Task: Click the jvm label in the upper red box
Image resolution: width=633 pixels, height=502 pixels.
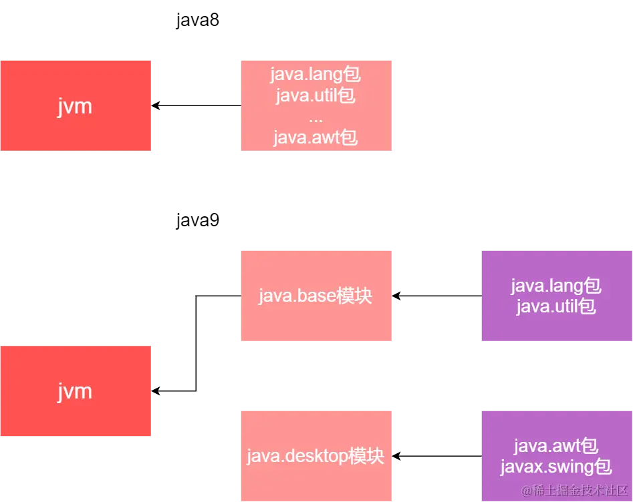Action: point(74,106)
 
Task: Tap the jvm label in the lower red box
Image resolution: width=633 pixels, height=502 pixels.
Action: point(74,391)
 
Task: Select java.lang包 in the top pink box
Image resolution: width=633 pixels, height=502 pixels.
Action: point(315,73)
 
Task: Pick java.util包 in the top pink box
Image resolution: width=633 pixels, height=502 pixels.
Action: point(315,95)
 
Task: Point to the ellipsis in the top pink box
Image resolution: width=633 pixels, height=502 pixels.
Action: point(316,117)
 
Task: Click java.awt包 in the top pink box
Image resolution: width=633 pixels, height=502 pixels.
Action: point(315,138)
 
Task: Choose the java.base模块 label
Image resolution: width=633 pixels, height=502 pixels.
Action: point(315,296)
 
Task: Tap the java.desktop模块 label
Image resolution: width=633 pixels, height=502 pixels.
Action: point(315,457)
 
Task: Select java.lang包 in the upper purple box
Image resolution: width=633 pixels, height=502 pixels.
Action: point(556,286)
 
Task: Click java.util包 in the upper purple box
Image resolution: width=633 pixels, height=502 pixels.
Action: point(556,307)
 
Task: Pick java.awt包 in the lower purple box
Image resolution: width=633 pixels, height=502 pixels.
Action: point(556,445)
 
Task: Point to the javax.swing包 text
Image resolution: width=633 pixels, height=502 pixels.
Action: point(556,467)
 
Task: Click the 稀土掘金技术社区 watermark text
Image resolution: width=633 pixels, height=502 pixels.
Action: point(575,491)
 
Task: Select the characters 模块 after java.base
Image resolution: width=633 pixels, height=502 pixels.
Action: point(354,296)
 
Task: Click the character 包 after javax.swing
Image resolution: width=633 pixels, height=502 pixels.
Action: point(604,467)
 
